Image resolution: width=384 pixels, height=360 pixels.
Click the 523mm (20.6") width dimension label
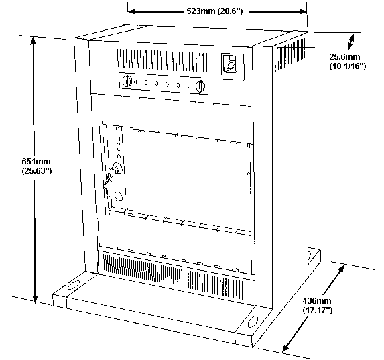click(x=214, y=11)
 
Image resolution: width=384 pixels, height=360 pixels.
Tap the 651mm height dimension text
click(x=36, y=162)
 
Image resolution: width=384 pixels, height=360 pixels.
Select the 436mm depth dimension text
click(x=317, y=300)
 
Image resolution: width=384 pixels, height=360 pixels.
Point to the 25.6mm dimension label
click(x=344, y=56)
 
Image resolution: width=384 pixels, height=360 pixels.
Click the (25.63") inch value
click(x=37, y=171)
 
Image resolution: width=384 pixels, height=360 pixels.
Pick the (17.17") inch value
click(x=318, y=310)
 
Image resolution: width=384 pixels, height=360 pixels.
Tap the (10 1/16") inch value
click(x=348, y=66)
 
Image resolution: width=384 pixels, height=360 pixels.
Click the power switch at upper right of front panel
click(x=233, y=66)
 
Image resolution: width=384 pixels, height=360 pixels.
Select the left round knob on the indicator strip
click(x=127, y=81)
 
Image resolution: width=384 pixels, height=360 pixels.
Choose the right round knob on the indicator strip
click(x=200, y=86)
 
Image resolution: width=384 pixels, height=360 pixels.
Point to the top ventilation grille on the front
click(x=162, y=60)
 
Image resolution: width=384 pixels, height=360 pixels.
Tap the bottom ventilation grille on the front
click(x=174, y=276)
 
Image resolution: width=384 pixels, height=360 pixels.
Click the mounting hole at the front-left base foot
click(x=73, y=284)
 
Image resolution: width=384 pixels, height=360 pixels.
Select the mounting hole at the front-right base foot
click(x=253, y=322)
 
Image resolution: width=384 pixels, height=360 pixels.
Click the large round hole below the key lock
click(x=119, y=196)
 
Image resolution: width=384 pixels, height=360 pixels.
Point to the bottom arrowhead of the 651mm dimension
click(x=35, y=298)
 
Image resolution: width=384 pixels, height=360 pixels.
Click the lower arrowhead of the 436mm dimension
click(x=285, y=349)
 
